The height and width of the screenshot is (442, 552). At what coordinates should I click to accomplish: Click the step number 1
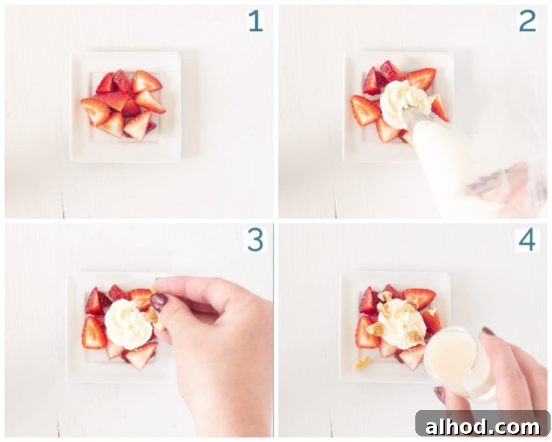[x=256, y=22]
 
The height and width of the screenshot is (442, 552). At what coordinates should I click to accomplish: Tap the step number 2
[x=527, y=22]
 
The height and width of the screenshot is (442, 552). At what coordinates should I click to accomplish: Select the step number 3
[x=255, y=240]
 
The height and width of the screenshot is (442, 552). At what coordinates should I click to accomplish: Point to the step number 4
[x=527, y=240]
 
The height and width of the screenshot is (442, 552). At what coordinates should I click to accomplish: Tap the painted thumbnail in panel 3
[x=159, y=302]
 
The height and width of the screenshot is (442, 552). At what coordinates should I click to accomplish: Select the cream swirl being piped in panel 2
[x=405, y=102]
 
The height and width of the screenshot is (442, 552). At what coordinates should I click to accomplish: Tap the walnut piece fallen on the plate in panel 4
[x=362, y=363]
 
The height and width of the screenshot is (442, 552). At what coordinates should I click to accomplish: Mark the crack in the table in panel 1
[x=63, y=204]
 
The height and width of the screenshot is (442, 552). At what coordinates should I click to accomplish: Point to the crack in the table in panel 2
[x=335, y=204]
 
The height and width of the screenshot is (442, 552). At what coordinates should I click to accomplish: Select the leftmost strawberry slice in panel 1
[x=95, y=111]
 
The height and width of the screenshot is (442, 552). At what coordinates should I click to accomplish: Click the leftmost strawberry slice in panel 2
[x=365, y=110]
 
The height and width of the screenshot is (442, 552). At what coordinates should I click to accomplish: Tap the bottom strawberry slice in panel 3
[x=141, y=355]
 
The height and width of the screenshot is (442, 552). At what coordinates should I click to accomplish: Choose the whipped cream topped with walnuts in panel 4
[x=402, y=324]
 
